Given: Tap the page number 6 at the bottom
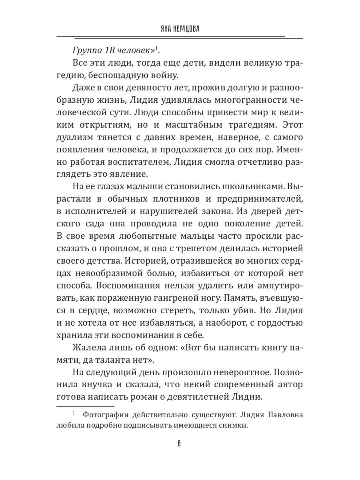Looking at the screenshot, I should point(180,444).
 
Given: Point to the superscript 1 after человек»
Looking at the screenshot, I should point(157,48).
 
